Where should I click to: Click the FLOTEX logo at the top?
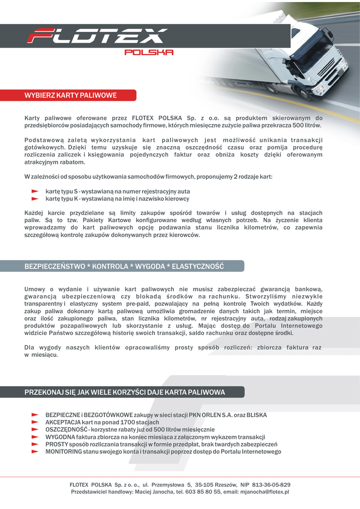click(x=96, y=36)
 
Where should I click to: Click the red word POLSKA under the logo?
click(x=148, y=52)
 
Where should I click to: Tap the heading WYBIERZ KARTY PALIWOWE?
click(x=71, y=95)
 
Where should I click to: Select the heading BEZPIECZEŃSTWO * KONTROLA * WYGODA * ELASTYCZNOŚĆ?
click(x=124, y=266)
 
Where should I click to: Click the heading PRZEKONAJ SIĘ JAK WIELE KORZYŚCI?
click(x=125, y=392)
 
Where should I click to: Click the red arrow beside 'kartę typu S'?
click(x=35, y=191)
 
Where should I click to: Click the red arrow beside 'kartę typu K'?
click(x=35, y=198)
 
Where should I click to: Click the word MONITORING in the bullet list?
click(x=64, y=452)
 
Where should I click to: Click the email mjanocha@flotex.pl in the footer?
click(x=265, y=492)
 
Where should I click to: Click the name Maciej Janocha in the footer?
click(x=152, y=492)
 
